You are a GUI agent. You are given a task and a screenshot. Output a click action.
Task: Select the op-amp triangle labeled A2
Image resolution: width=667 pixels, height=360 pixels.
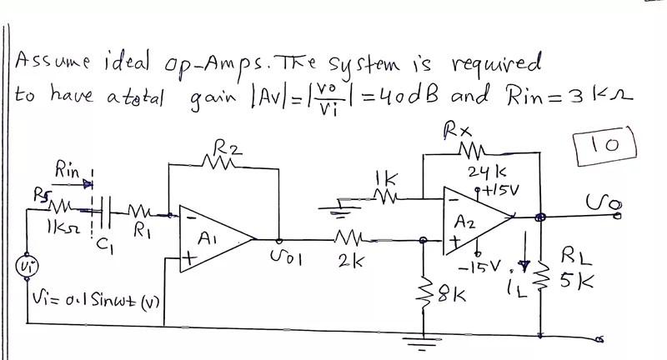pyautogui.click(x=475, y=221)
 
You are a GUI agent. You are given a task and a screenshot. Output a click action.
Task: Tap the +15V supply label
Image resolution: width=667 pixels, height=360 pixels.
pyautogui.click(x=502, y=189)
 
